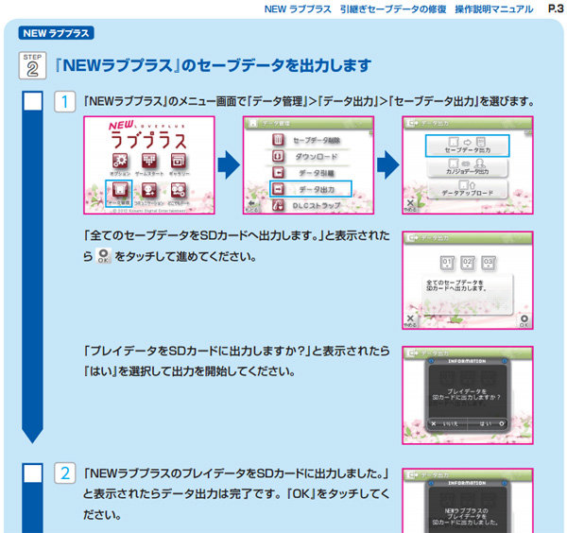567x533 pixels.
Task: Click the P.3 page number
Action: tap(555, 9)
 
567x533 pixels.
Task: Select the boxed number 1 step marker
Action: tap(63, 101)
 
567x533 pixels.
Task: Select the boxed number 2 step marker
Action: tap(63, 474)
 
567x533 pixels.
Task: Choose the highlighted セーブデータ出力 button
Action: tap(466, 146)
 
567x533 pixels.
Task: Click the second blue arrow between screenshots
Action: tap(387, 166)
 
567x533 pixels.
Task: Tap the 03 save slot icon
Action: tap(489, 262)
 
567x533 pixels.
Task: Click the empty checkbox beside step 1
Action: tap(32, 101)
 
